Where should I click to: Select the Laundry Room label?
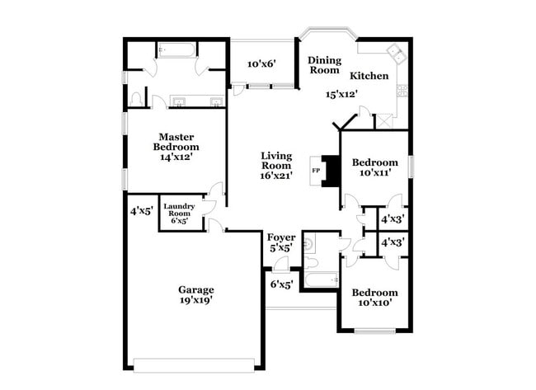179,208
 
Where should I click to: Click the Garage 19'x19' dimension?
195,301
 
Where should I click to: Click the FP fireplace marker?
315,171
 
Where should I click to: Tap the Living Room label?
276,161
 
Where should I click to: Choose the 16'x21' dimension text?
276,176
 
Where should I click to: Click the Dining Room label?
324,65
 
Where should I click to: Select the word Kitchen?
369,76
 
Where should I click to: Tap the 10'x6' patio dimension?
261,63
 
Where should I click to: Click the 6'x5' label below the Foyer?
282,284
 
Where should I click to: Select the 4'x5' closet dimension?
141,211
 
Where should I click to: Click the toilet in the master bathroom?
137,100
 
